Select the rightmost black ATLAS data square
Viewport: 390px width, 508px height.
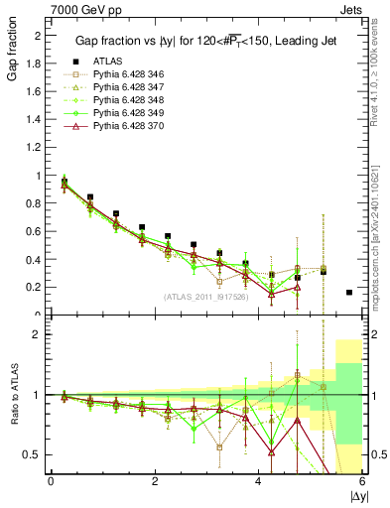click(349, 293)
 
